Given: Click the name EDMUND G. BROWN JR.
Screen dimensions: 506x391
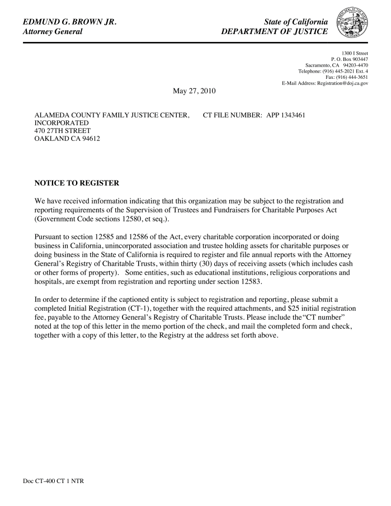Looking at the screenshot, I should pos(69,22).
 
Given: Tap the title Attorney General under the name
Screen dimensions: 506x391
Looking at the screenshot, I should pos(53,32).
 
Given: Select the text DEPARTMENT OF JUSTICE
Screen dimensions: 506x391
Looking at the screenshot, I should pos(275,32).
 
